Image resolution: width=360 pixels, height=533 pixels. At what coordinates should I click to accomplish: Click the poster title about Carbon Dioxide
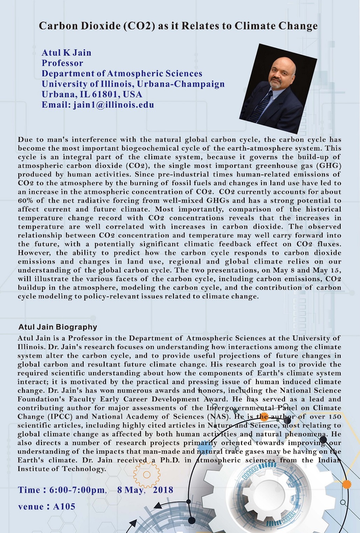coord(178,26)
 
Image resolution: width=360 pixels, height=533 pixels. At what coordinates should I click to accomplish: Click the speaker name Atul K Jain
coord(66,53)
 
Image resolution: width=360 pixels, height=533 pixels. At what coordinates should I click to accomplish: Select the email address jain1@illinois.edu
coord(113,105)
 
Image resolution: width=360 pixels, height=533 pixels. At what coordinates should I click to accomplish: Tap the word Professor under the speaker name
coord(62,63)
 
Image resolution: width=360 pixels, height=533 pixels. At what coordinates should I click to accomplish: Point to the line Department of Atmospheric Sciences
coord(122,74)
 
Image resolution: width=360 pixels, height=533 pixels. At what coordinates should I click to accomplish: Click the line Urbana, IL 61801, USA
coord(92,95)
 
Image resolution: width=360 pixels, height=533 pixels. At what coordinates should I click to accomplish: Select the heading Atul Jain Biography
coord(57,327)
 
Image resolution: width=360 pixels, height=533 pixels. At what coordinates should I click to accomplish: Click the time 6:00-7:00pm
coord(77,490)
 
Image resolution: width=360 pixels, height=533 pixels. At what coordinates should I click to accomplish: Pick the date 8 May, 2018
coord(145,490)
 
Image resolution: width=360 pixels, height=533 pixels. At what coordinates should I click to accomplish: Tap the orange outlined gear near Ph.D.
coord(147,475)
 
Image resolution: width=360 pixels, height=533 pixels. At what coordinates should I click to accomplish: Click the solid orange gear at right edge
coord(346,484)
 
